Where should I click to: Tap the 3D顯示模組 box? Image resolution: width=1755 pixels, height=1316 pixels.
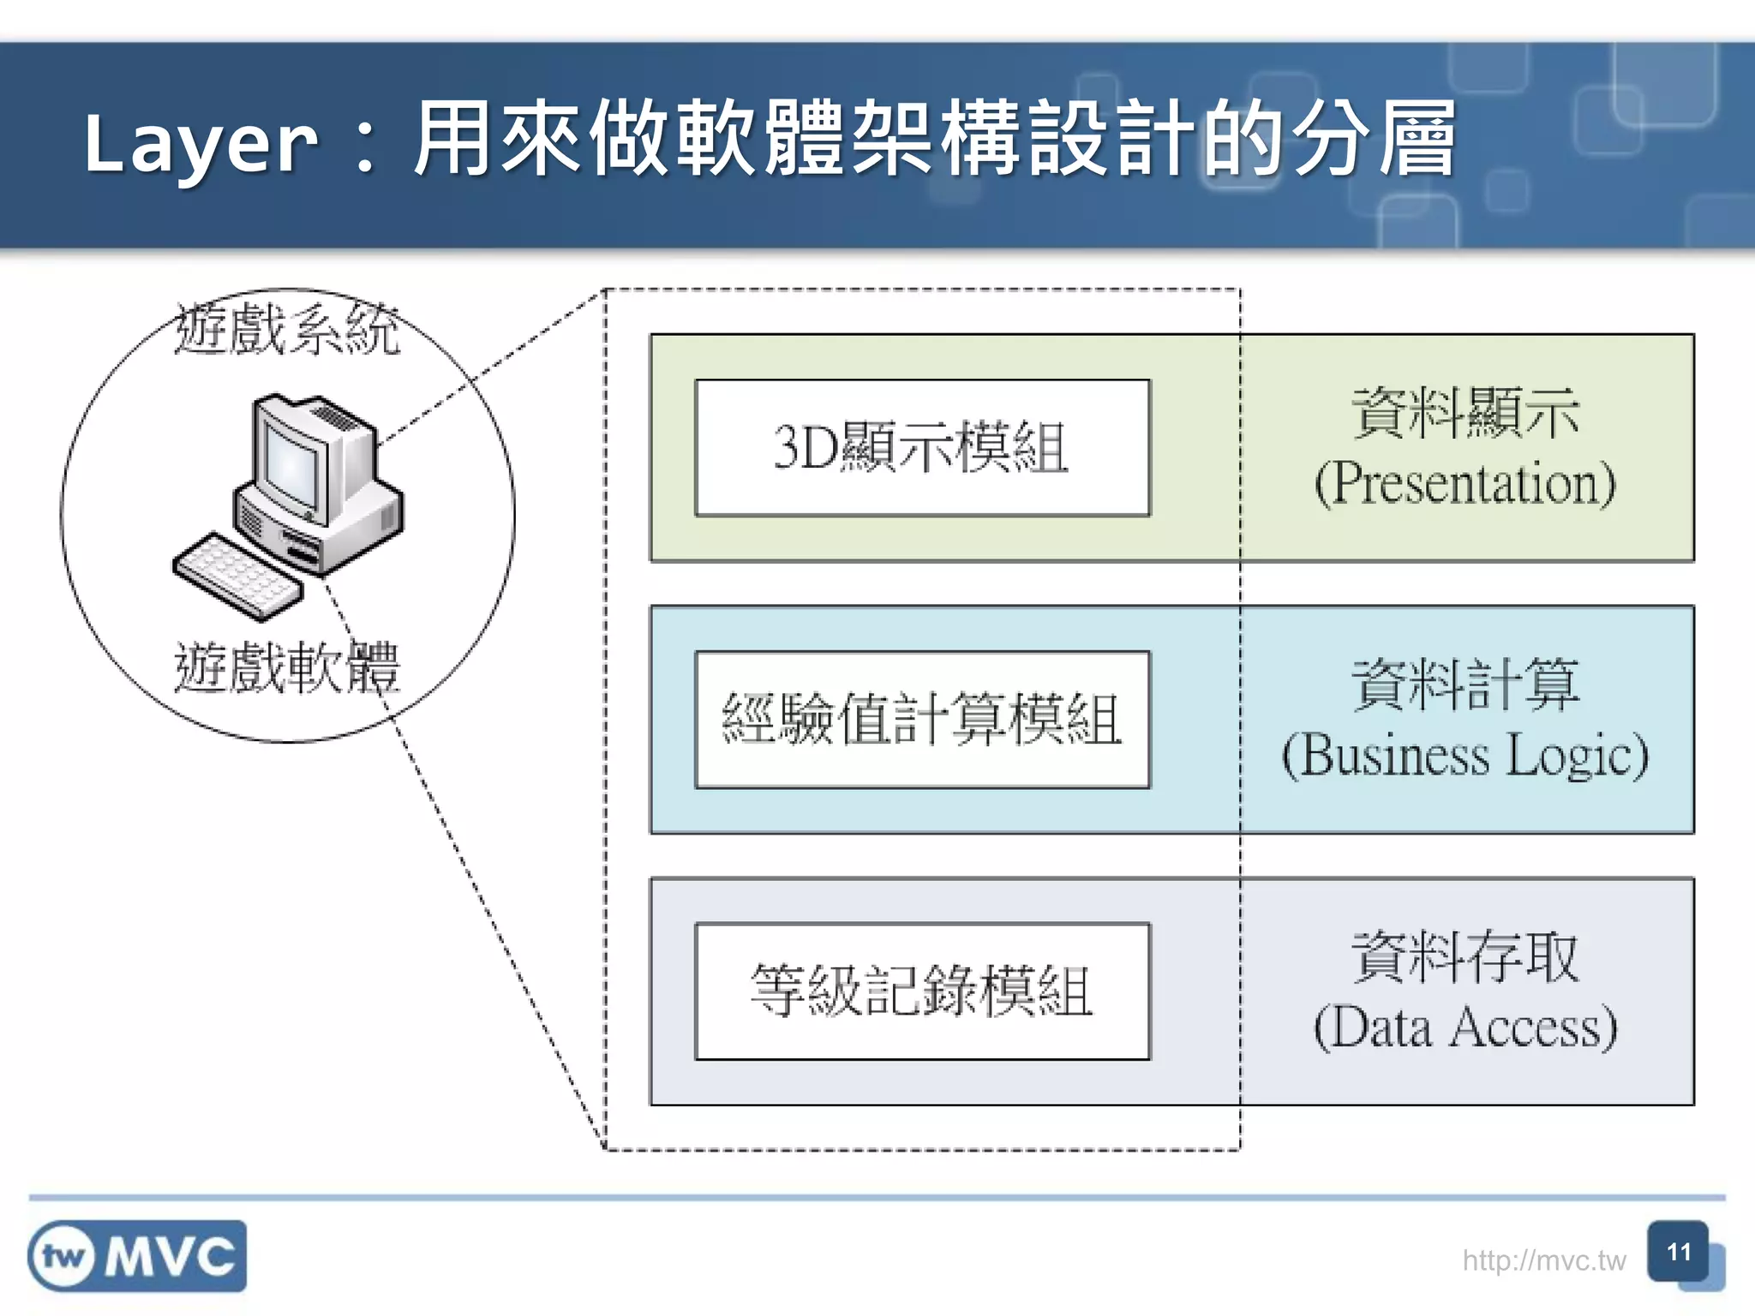pyautogui.click(x=922, y=447)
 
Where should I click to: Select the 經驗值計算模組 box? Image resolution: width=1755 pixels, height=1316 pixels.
pyautogui.click(x=922, y=720)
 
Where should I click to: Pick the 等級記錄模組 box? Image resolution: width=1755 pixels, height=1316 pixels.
pyautogui.click(x=922, y=991)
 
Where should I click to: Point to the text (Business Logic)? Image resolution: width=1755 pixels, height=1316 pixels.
pyautogui.click(x=1465, y=756)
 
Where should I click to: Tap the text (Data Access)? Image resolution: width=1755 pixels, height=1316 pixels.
pyautogui.click(x=1465, y=1027)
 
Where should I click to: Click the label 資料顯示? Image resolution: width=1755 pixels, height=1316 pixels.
pyautogui.click(x=1465, y=413)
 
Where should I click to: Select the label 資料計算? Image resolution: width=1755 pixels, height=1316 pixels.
pyautogui.click(x=1465, y=685)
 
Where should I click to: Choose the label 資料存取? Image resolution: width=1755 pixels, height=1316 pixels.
pyautogui.click(x=1465, y=956)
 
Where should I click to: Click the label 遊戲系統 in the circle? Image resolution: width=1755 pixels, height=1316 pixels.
pyautogui.click(x=287, y=329)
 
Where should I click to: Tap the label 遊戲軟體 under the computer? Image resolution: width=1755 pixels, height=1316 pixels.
pyautogui.click(x=287, y=667)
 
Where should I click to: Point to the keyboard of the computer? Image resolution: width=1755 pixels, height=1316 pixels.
pyautogui.click(x=238, y=576)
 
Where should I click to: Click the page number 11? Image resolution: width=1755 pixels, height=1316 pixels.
pyautogui.click(x=1678, y=1253)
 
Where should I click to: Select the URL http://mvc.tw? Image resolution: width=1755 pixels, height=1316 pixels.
pyautogui.click(x=1543, y=1260)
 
